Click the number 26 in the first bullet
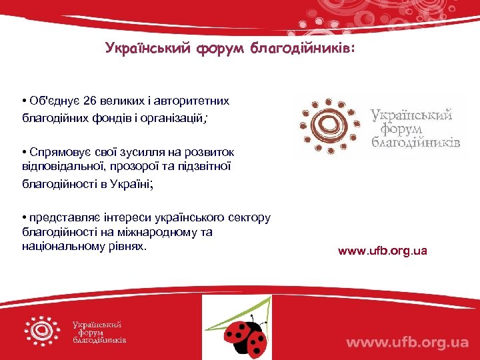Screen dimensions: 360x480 tap(91, 101)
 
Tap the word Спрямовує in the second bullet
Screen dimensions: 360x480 tap(55, 153)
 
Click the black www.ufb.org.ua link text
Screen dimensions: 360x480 tap(382, 251)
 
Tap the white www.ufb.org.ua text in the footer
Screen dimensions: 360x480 tap(407, 342)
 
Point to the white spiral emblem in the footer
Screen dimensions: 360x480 tap(43, 331)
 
